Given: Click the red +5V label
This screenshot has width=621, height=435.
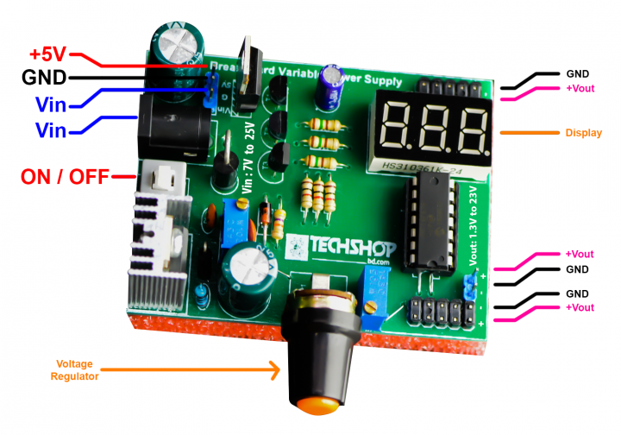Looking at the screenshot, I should point(47,53).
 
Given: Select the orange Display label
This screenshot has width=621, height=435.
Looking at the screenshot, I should point(583,133).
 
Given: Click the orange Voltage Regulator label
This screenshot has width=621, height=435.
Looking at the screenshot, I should point(76,369).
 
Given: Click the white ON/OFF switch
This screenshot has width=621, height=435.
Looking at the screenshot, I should point(161,180).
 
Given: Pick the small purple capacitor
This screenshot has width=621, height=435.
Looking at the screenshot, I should point(329,89).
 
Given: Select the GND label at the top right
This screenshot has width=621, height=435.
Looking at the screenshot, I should point(578,75).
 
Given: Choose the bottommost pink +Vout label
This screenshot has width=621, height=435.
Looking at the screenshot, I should point(580,308).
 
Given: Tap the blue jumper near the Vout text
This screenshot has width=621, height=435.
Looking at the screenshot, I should point(470,286).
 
